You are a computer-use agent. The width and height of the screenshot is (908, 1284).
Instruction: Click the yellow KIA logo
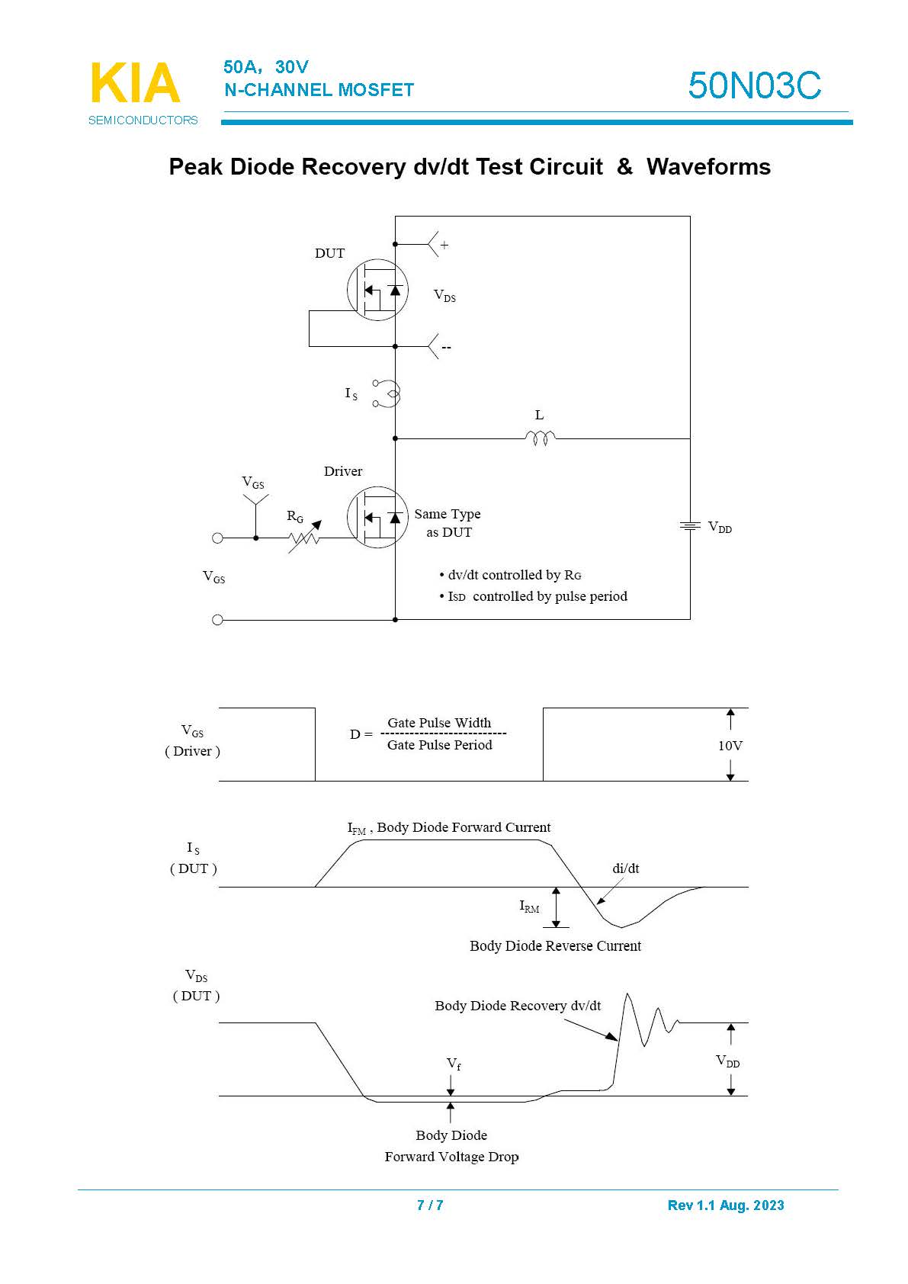point(135,83)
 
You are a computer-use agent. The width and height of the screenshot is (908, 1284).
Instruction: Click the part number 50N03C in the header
point(754,85)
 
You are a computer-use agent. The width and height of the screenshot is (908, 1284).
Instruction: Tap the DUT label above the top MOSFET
point(329,253)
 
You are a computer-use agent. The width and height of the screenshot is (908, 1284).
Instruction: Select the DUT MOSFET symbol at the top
point(377,290)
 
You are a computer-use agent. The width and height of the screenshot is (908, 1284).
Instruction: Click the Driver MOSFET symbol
point(377,518)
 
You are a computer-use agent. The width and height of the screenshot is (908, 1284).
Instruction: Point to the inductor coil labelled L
point(540,438)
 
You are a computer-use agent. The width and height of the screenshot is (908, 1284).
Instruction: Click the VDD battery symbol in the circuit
point(690,526)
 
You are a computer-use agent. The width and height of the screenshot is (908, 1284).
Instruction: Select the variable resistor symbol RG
point(304,538)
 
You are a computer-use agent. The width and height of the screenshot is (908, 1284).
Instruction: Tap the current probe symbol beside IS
point(387,393)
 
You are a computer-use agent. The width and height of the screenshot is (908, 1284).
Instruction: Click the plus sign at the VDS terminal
point(444,246)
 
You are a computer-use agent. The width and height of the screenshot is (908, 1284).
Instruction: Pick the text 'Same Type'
point(448,514)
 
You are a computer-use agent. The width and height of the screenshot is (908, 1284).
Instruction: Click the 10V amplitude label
point(730,746)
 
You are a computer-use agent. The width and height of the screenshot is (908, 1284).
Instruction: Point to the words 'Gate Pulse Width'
point(439,723)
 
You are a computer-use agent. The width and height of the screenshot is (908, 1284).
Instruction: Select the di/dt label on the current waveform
point(626,868)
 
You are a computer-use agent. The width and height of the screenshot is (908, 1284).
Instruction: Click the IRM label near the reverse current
point(529,907)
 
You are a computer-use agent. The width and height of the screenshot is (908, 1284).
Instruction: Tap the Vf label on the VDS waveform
point(454,1064)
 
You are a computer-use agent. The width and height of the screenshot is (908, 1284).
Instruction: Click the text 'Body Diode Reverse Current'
point(555,946)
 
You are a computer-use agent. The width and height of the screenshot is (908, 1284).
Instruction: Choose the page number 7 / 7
point(430,1205)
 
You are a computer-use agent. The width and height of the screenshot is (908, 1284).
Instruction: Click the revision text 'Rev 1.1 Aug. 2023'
point(725,1205)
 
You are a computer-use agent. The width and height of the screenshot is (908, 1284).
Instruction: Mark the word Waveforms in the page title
point(708,167)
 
